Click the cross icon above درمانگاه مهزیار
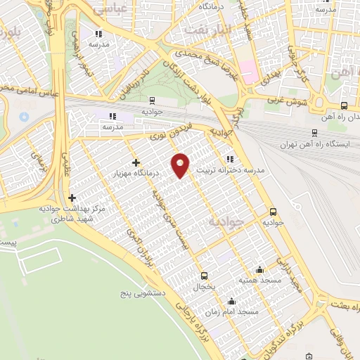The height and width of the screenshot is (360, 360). [x=136, y=163]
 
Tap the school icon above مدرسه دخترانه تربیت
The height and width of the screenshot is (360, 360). [x=231, y=159]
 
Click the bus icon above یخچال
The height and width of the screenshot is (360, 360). [x=205, y=276]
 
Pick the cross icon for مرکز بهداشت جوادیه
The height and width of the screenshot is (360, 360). [x=73, y=198]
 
